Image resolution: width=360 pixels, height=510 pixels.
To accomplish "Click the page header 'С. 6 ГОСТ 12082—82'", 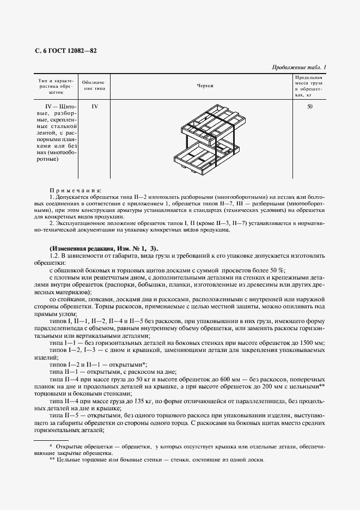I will click(x=65, y=50).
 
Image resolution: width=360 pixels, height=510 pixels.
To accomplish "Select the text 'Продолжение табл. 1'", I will click(x=298, y=67).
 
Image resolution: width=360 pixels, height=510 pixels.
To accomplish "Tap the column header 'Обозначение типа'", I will click(x=93, y=86).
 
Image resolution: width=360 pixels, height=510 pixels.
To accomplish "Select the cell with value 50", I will click(x=309, y=106).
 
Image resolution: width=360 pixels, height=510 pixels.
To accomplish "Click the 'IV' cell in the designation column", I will click(x=94, y=106).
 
